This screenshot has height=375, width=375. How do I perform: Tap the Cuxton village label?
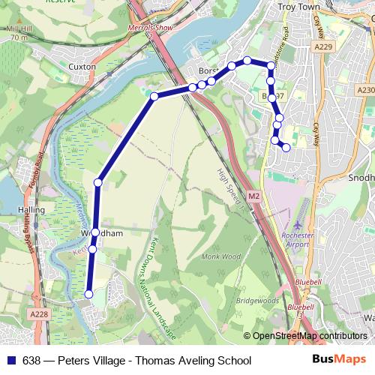(82, 67)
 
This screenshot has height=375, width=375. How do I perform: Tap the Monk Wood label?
(220, 256)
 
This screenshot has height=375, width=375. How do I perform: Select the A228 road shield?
(41, 314)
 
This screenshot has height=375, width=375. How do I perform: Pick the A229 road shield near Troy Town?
(324, 46)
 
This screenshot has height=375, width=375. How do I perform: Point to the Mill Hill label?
(19, 28)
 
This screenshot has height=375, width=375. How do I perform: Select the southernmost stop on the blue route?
(89, 295)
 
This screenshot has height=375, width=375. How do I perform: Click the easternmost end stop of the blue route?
(286, 148)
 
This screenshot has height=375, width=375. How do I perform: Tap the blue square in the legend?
(11, 361)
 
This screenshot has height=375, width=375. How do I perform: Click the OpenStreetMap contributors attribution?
(310, 336)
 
